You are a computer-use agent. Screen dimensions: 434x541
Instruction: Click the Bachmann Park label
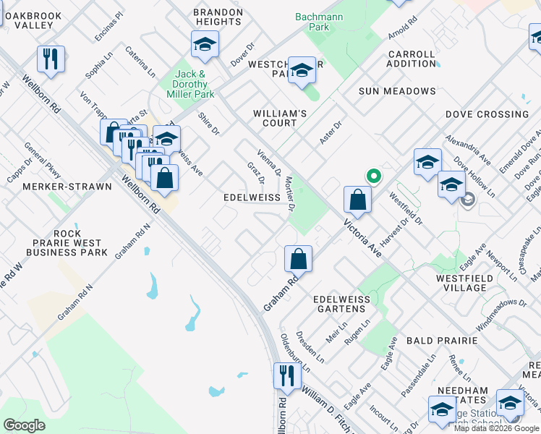[312, 22]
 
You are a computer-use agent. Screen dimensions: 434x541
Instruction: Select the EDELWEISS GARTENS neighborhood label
[341, 305]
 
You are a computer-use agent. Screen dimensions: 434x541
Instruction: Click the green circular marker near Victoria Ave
[373, 176]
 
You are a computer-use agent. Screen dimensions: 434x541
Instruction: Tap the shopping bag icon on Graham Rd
[298, 258]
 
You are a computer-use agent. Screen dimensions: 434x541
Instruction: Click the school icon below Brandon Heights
[205, 46]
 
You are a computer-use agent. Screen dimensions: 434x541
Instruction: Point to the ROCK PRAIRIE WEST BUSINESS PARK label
[67, 243]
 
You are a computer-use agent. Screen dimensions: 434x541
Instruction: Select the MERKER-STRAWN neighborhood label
[67, 187]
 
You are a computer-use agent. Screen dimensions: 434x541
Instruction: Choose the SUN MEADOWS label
[398, 91]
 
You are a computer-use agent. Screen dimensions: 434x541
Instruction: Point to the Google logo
[24, 425]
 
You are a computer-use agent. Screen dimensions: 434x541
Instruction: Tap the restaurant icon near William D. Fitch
[286, 376]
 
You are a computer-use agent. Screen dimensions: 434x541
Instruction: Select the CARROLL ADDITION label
[412, 59]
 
